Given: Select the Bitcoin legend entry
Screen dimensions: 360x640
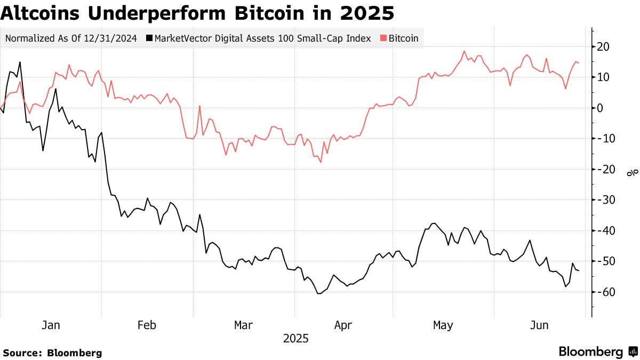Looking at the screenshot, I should pos(403,38).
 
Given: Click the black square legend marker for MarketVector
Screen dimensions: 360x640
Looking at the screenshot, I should pos(149,38).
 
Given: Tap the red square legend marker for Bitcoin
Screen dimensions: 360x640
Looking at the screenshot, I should pos(383,38).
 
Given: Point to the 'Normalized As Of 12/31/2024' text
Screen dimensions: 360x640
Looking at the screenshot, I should pos(70,38).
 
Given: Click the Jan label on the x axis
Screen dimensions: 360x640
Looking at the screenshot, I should pos(51,325).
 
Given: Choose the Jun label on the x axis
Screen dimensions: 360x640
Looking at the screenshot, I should pos(540,325).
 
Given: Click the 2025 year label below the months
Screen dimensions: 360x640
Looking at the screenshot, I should pos(295,339).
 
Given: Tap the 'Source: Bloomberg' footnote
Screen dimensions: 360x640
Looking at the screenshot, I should pos(52,353).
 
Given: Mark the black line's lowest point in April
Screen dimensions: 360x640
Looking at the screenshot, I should pos(319,293).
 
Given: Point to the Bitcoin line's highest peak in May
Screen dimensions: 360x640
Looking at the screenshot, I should pos(464,51).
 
